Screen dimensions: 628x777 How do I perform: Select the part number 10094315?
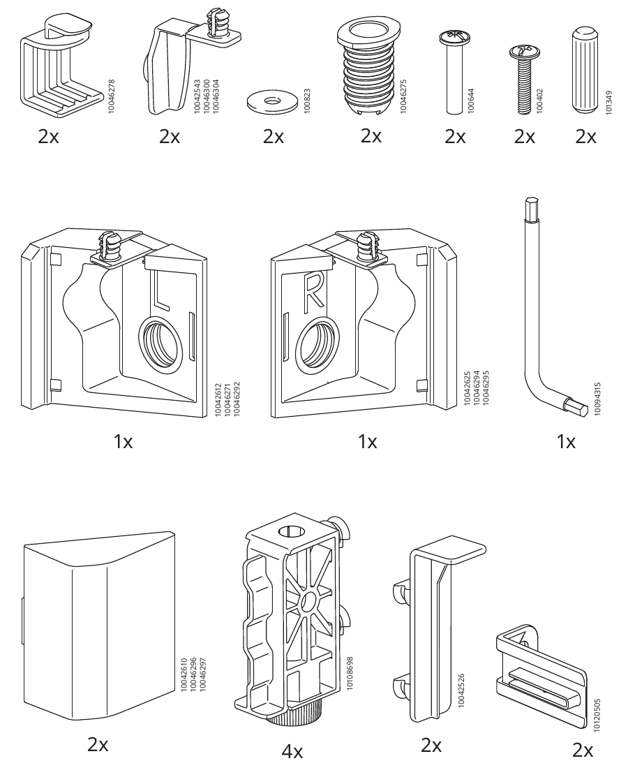[597, 399]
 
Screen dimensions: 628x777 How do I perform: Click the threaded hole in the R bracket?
[317, 344]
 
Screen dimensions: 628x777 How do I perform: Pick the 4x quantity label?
[292, 753]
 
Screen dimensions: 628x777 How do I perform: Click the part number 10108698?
[350, 674]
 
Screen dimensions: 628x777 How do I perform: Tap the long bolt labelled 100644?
[454, 72]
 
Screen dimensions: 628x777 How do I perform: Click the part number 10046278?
[111, 96]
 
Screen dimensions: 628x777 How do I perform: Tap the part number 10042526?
[462, 690]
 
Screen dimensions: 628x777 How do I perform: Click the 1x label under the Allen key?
[566, 441]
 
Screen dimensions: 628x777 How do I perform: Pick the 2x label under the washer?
[274, 136]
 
